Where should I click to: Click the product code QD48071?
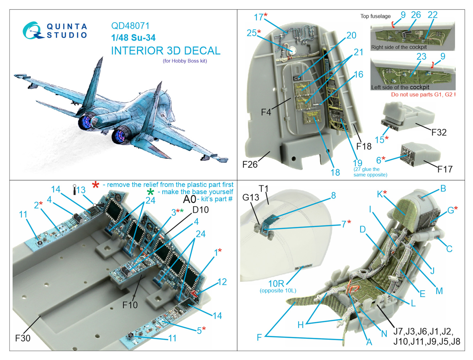[130, 26]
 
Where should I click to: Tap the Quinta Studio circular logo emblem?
[32, 30]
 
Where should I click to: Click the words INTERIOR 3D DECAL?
[166, 51]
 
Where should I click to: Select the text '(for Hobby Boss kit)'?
[185, 61]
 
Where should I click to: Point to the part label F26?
[250, 164]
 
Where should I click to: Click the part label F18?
[364, 146]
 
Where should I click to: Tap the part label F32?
[439, 132]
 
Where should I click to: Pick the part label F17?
[445, 169]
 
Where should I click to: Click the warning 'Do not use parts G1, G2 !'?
[423, 95]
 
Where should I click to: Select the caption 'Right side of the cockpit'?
[399, 47]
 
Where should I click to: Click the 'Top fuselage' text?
[375, 16]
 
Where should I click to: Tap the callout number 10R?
[276, 284]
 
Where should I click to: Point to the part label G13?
[251, 197]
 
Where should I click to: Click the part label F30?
[23, 338]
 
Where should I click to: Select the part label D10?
[200, 210]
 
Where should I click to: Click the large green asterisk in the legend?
[150, 192]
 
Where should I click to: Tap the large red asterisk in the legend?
[95, 185]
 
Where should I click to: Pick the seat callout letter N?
[384, 334]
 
